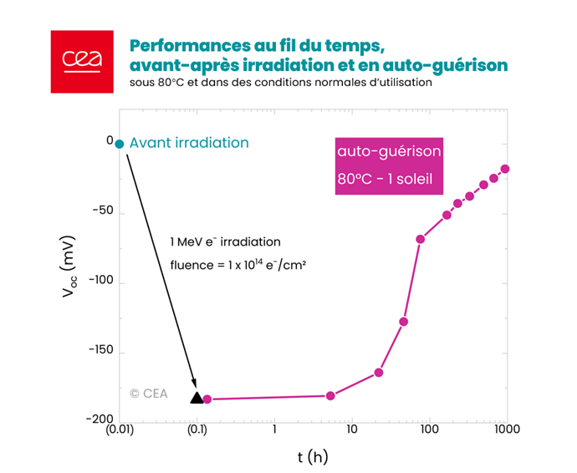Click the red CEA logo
pyautogui.click(x=81, y=62)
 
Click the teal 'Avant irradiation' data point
pyautogui.click(x=120, y=144)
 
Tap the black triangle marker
pyautogui.click(x=197, y=398)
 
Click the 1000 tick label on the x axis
pyautogui.click(x=506, y=430)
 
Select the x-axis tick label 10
pyautogui.click(x=351, y=430)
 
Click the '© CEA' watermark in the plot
pyautogui.click(x=148, y=393)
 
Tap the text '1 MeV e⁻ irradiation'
pyautogui.click(x=225, y=242)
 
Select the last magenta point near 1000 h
pyautogui.click(x=504, y=169)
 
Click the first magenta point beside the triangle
pyautogui.click(x=207, y=399)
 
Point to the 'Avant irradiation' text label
pyautogui.click(x=189, y=143)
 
